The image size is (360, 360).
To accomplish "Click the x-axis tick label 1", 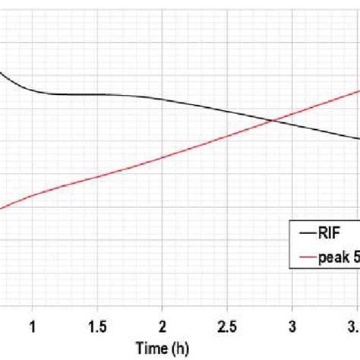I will (32, 325).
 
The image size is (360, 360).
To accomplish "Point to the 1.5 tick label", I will (96, 325).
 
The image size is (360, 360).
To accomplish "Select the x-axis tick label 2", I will (162, 325).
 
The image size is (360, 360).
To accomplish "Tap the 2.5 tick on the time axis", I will (227, 325).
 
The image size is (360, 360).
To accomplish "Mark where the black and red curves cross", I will (272, 120).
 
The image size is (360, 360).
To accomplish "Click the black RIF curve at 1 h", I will (32, 90).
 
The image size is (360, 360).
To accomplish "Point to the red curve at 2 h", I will (162, 158).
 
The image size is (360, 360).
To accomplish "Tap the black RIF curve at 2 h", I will (162, 99).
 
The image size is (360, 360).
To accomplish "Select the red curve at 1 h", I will (32, 194).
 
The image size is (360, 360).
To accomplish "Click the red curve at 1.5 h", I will (96, 177).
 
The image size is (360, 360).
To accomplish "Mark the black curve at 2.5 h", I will (227, 111).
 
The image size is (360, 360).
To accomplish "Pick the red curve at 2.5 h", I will (227, 137).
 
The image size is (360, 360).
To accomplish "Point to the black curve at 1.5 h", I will (96, 93).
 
